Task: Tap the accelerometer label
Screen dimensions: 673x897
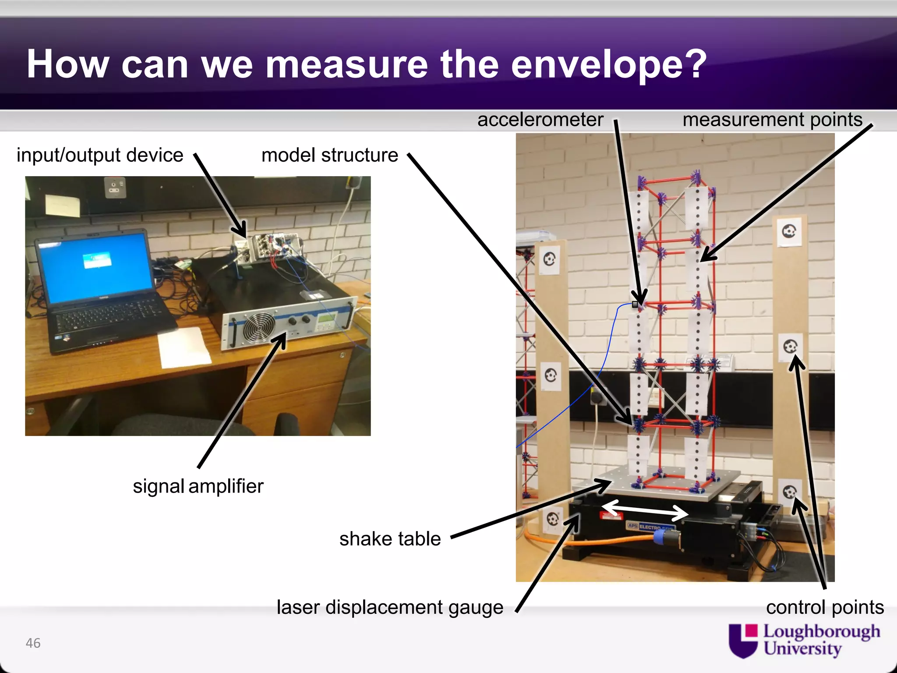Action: [540, 120]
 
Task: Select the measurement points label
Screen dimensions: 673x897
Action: [772, 120]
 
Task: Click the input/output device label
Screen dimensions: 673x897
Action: [100, 155]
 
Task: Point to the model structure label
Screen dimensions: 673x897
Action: [329, 155]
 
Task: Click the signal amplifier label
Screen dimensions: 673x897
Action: [198, 486]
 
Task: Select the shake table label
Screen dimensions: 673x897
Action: [390, 539]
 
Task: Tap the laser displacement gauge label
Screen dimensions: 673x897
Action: [390, 607]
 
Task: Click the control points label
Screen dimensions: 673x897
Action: [825, 607]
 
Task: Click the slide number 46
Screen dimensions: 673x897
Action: [33, 643]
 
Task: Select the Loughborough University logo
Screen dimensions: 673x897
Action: [804, 640]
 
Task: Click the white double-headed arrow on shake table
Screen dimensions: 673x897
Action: [644, 510]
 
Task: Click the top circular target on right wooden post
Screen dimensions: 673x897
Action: [789, 230]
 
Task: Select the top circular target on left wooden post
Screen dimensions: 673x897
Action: [550, 260]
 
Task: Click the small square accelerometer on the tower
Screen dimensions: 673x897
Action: [635, 305]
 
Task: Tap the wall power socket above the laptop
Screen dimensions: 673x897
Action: [115, 188]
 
